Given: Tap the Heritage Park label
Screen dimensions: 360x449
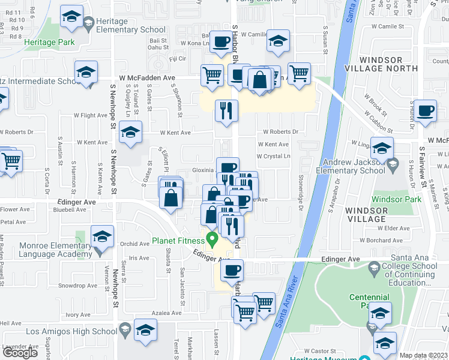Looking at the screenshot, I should (x=49, y=42).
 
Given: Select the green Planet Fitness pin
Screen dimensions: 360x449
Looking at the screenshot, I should (x=211, y=239).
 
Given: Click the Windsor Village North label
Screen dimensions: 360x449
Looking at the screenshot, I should (x=388, y=64).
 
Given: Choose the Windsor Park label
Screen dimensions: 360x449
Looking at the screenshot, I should (x=396, y=199).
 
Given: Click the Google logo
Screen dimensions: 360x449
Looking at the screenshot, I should (x=20, y=353).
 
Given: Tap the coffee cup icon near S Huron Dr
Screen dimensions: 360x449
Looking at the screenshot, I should (x=425, y=111).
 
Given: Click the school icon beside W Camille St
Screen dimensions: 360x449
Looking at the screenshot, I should (x=278, y=41).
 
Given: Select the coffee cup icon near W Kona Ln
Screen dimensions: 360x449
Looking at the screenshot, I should (x=221, y=41).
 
